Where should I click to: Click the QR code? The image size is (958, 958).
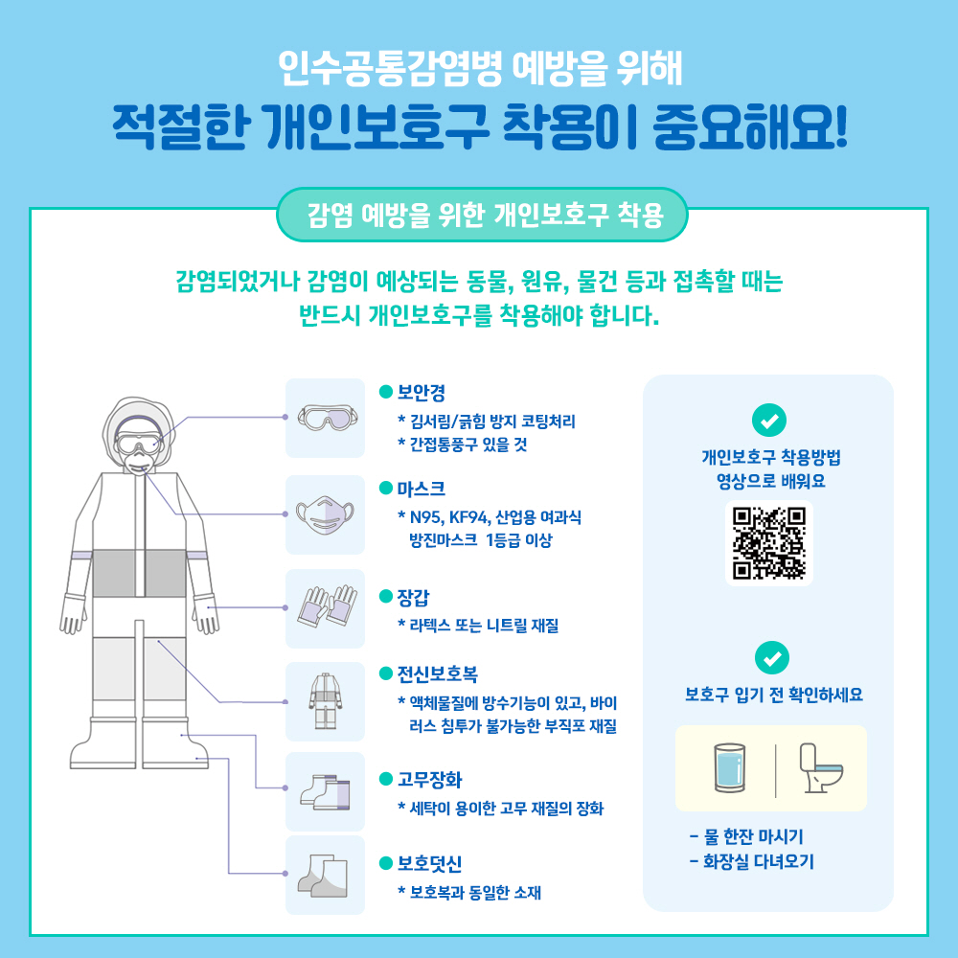(x=769, y=542)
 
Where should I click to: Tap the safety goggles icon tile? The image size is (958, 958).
(x=325, y=418)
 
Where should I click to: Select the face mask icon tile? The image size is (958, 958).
(x=325, y=514)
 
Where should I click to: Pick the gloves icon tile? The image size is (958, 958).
(x=325, y=608)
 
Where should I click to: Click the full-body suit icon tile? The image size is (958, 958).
(x=325, y=701)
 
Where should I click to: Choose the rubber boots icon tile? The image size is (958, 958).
(x=325, y=791)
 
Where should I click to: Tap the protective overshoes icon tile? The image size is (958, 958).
(x=325, y=875)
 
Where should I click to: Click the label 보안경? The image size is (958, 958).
(x=421, y=392)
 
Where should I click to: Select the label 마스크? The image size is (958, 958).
(x=421, y=489)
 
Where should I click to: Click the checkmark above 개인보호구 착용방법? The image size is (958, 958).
(x=771, y=420)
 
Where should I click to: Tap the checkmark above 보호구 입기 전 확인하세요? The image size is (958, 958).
(x=771, y=657)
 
